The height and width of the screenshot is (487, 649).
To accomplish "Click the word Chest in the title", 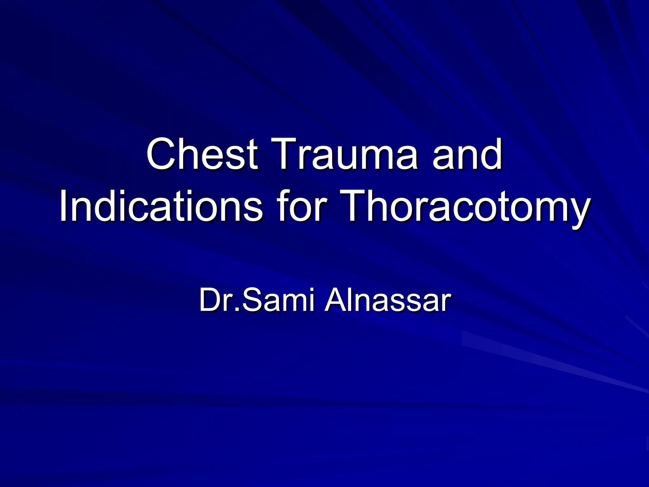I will click(x=202, y=154).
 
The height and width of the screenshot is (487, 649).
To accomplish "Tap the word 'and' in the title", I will click(x=467, y=154).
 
